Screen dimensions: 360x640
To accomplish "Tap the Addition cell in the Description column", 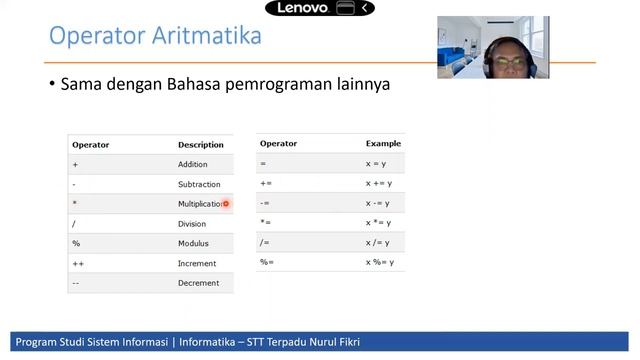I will (193, 164).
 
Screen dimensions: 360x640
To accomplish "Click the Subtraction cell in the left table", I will (199, 184).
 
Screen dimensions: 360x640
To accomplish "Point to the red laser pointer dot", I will (226, 204).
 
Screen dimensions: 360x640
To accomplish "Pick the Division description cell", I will (192, 224).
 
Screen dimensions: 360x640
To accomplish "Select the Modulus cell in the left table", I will (193, 243).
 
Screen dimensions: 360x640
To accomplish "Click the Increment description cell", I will (197, 263).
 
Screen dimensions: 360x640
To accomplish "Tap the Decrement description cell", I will (198, 283).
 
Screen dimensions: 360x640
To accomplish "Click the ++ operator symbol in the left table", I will (78, 263).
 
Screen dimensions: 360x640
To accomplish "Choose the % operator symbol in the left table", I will (76, 243).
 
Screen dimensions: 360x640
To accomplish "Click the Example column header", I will (383, 144).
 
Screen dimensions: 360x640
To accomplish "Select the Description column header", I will (201, 145).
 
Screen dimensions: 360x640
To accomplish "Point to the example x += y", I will (379, 183).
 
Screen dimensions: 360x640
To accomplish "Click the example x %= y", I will (380, 262).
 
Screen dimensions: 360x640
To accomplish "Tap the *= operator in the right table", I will (265, 222).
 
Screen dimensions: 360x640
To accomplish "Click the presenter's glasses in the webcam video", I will (511, 62).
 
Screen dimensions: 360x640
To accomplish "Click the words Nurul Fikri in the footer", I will (333, 342).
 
